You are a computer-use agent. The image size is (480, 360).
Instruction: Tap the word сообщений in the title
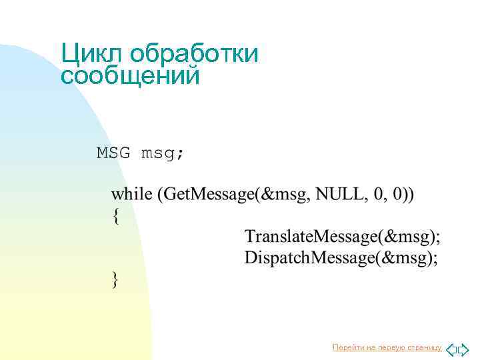pyautogui.click(x=130, y=76)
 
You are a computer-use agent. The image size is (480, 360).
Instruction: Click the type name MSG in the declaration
pyautogui.click(x=113, y=153)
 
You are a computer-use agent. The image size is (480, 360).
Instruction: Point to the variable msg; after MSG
pyautogui.click(x=163, y=154)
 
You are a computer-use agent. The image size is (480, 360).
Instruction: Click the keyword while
pyautogui.click(x=131, y=194)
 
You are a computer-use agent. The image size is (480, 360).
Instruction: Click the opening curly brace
pyautogui.click(x=116, y=216)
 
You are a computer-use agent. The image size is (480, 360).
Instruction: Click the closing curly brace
pyautogui.click(x=116, y=279)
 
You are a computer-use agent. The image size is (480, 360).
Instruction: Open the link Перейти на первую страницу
pyautogui.click(x=387, y=347)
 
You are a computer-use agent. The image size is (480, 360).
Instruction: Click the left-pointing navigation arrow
pyautogui.click(x=451, y=349)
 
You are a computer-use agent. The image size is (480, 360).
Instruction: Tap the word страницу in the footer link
pyautogui.click(x=425, y=347)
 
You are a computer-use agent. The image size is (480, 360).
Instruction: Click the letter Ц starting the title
pyautogui.click(x=69, y=54)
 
